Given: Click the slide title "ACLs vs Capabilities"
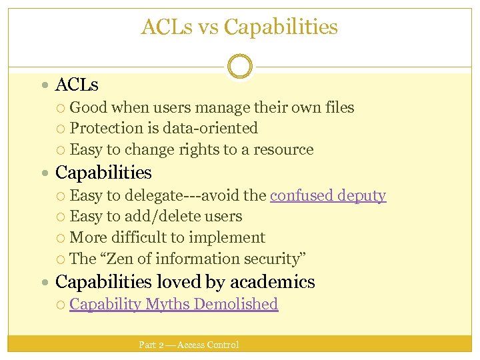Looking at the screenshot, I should tap(239, 27).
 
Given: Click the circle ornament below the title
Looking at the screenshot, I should tap(239, 67).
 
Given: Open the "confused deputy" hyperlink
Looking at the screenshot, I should tap(327, 195).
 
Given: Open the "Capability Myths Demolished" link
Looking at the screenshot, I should tap(173, 304).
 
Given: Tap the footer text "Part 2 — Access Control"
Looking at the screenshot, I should tap(189, 345).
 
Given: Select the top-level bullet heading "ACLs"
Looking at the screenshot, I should tap(77, 85).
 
